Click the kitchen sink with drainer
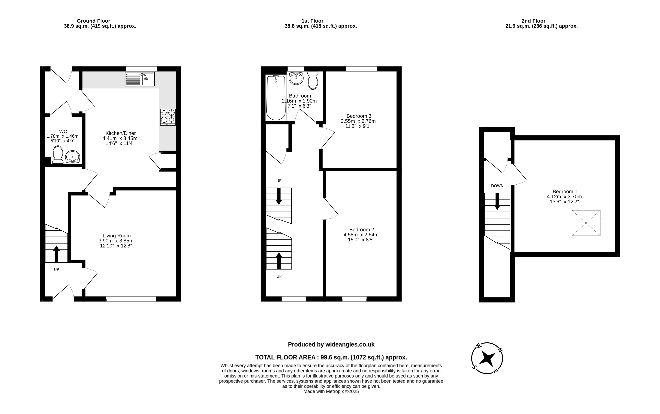[140, 79]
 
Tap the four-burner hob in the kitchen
[168, 117]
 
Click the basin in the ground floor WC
[73, 157]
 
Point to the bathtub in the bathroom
[276, 98]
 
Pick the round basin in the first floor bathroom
[296, 78]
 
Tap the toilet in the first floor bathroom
[313, 81]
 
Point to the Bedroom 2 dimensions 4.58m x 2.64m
[361, 235]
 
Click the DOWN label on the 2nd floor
[497, 186]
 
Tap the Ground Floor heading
[93, 21]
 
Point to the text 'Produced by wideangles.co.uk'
[331, 344]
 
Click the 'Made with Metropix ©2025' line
[331, 392]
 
